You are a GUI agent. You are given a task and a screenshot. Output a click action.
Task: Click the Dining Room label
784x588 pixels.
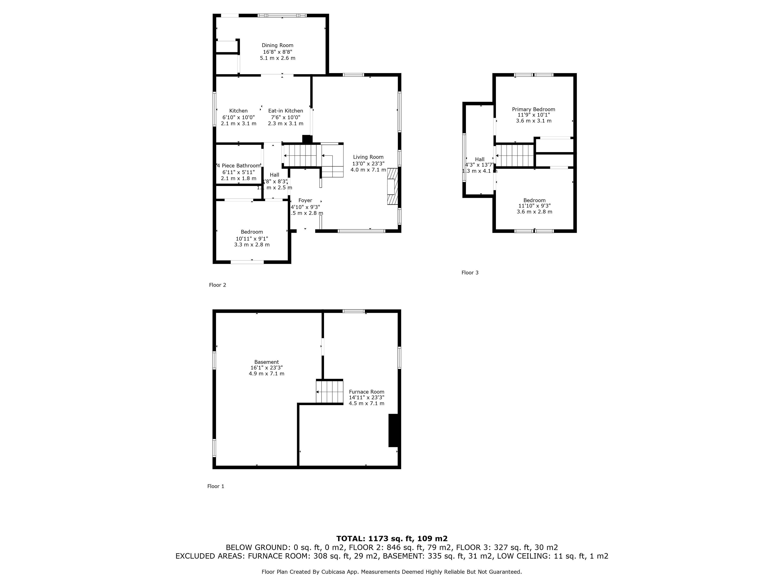point(277,45)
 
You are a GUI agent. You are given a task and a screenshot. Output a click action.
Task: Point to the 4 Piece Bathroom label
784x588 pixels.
point(238,166)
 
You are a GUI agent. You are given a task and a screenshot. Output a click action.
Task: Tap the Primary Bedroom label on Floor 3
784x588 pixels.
point(533,109)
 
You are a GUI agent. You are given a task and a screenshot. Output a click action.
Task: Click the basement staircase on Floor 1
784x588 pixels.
point(330,392)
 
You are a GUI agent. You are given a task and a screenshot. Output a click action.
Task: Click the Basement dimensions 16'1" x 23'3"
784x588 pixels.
point(266,368)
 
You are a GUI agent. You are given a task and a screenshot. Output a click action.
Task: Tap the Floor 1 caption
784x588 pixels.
point(215,486)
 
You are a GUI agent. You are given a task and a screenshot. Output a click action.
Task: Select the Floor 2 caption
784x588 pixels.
point(217,285)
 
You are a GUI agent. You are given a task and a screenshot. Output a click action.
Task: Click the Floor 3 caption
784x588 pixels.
point(470,273)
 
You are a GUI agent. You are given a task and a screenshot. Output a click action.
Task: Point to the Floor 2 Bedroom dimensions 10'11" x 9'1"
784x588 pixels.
point(252,238)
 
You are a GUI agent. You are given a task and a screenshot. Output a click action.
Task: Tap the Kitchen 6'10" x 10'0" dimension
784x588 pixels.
point(238,117)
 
